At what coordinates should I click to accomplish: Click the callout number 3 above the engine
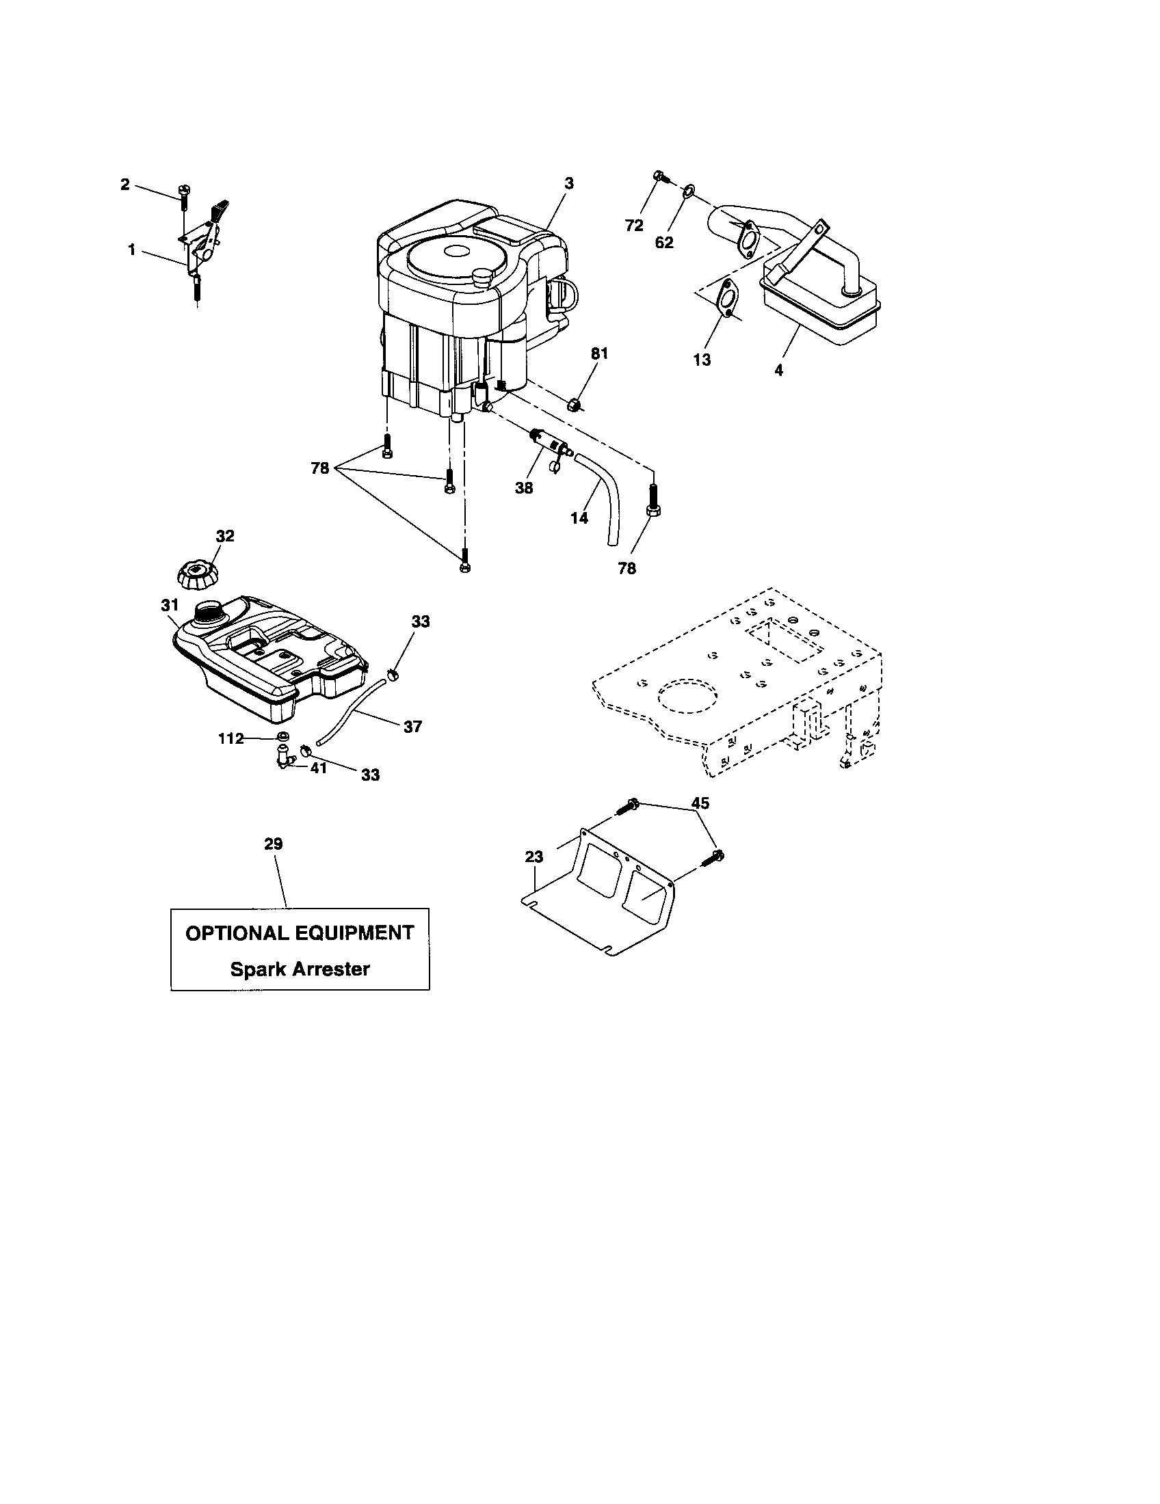tap(568, 183)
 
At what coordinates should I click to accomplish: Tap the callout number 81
tap(599, 353)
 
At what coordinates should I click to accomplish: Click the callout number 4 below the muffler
tap(778, 370)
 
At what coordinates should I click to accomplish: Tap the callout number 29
tap(274, 844)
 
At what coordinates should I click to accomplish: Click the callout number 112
tap(230, 739)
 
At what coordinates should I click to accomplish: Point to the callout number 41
tap(317, 768)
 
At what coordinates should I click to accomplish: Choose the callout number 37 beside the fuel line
tap(412, 726)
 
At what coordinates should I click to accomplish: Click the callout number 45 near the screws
tap(700, 803)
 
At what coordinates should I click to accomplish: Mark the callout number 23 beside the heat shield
tap(534, 857)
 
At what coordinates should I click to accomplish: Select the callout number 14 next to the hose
tap(579, 518)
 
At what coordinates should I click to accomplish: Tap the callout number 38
tap(523, 488)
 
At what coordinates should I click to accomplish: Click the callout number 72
tap(634, 225)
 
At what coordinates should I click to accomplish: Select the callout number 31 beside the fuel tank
tap(170, 604)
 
